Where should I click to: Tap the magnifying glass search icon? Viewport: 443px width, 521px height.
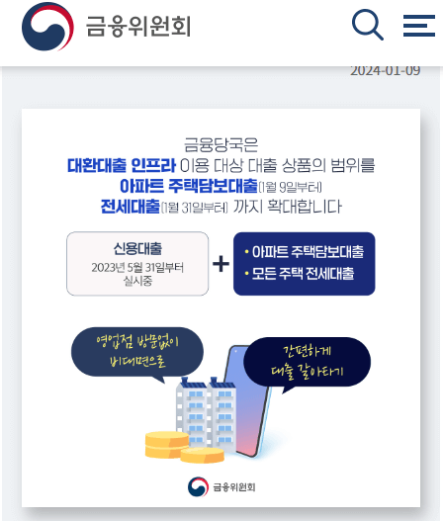[x=368, y=25]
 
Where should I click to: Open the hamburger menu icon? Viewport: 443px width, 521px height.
[x=419, y=25]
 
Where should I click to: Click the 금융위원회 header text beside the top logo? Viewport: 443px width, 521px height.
[x=137, y=26]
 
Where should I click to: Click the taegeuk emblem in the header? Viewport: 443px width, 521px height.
[x=46, y=27]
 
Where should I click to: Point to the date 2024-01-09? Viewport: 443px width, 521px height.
[x=385, y=70]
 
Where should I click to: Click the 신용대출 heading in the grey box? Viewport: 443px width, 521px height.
[x=137, y=248]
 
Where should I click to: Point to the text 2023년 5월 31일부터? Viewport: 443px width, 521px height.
[x=137, y=267]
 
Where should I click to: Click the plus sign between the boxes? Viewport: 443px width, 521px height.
[x=221, y=264]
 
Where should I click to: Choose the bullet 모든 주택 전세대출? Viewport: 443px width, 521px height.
[x=303, y=273]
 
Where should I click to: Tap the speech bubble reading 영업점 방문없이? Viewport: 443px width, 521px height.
[x=135, y=350]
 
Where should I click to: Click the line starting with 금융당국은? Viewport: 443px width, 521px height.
[x=220, y=142]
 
